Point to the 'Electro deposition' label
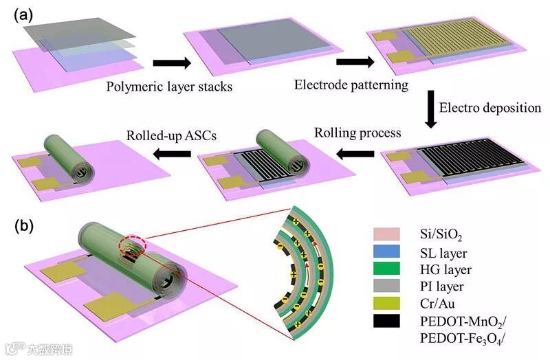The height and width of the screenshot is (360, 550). pos(490,108)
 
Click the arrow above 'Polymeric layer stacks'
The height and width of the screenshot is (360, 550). pos(170,63)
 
